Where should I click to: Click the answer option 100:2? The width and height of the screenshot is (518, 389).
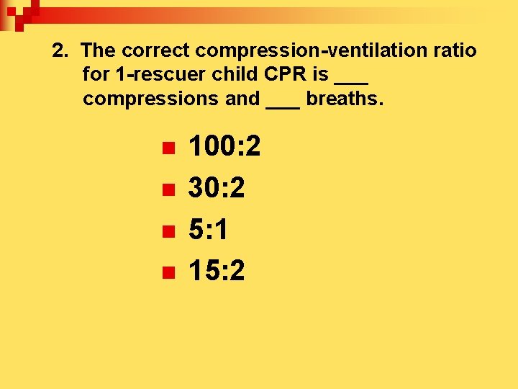pyautogui.click(x=224, y=148)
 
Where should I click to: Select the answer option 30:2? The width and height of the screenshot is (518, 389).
pyautogui.click(x=217, y=189)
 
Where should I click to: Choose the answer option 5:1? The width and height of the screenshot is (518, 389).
pyautogui.click(x=209, y=230)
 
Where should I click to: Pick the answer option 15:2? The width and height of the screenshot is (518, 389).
pyautogui.click(x=217, y=271)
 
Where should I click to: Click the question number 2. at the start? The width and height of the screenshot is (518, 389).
pyautogui.click(x=62, y=51)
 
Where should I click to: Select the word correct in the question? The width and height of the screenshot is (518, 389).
pyautogui.click(x=156, y=51)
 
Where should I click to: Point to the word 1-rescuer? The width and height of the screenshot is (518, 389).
pyautogui.click(x=146, y=74)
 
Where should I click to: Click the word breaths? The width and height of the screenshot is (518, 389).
pyautogui.click(x=345, y=98)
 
